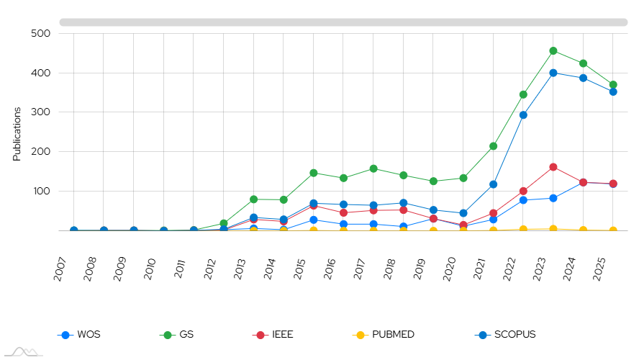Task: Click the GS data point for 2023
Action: (553, 51)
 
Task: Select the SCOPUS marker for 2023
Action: (553, 73)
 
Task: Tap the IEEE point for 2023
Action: (553, 167)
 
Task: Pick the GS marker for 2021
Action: (494, 146)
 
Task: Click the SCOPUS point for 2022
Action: (524, 114)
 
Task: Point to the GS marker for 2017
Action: (373, 168)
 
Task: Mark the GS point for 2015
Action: (314, 173)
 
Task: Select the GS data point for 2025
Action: (613, 85)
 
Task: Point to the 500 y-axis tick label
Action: (40, 34)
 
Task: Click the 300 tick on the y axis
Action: (40, 112)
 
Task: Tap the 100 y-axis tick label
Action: (40, 192)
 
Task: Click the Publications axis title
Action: (17, 134)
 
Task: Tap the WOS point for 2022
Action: (524, 200)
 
